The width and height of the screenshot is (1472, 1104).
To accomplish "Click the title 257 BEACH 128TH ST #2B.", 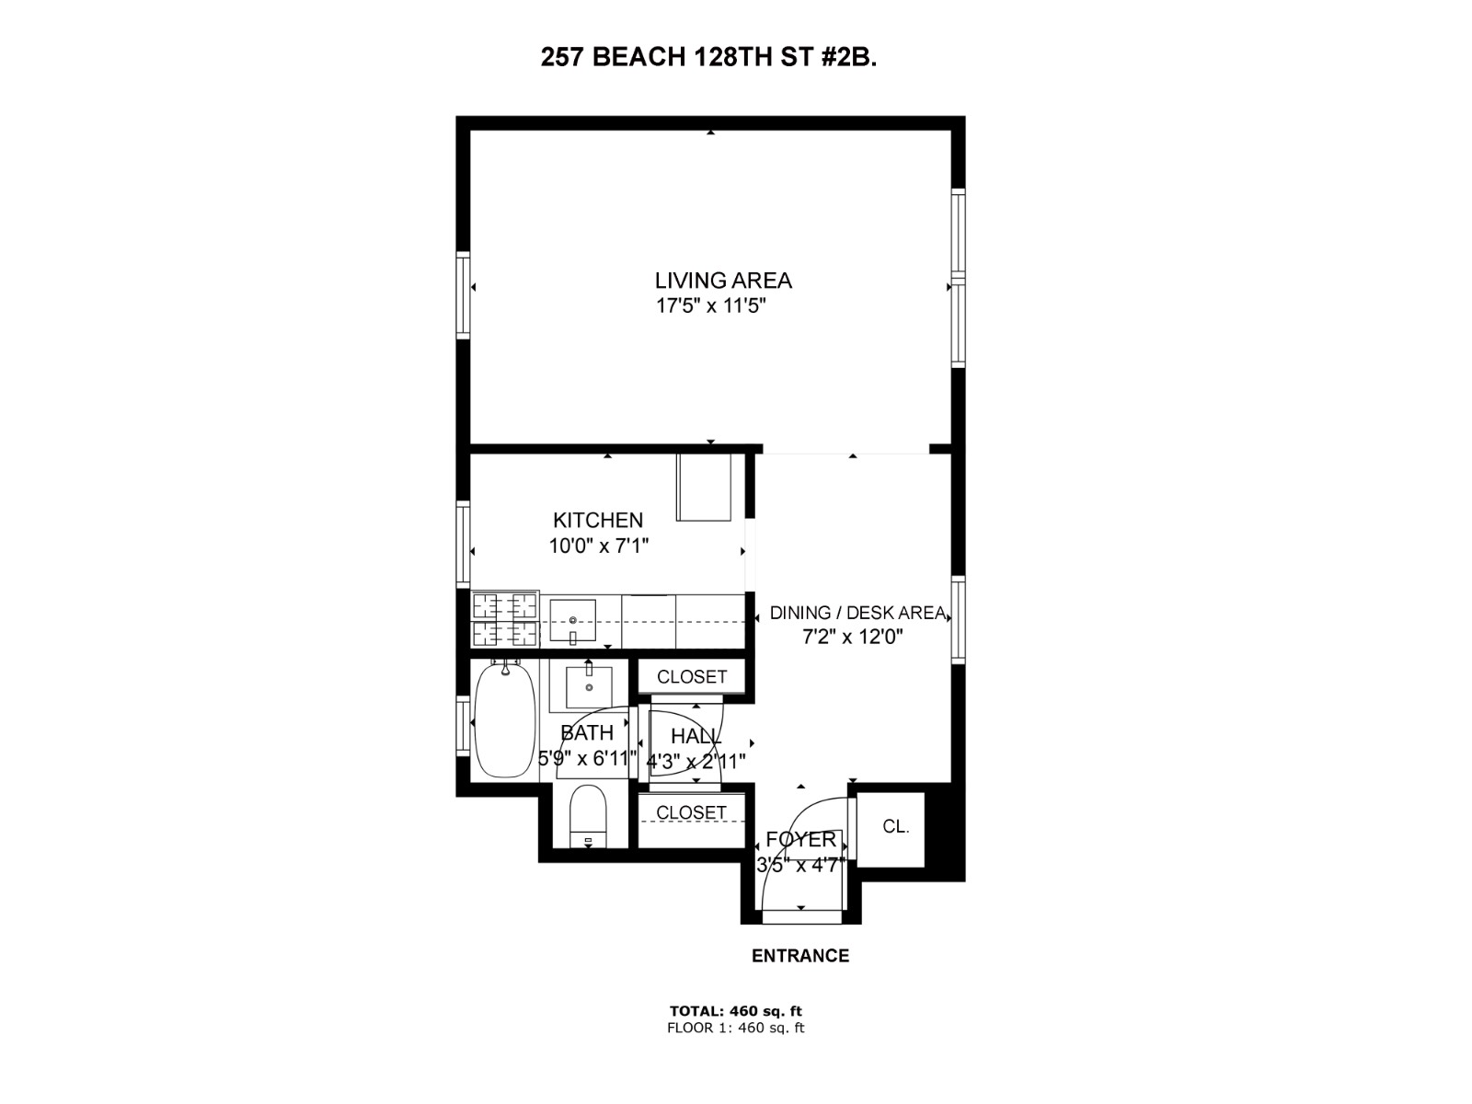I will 708,58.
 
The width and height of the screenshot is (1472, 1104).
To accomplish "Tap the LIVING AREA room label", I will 723,281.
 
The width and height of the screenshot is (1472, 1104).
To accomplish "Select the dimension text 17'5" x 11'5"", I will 710,306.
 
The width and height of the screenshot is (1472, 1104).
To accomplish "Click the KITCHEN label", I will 597,520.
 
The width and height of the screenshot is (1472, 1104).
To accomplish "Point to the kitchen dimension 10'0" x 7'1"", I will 599,546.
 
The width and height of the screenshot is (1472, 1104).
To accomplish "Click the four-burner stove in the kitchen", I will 505,619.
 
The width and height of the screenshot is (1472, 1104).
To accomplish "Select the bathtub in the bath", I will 504,720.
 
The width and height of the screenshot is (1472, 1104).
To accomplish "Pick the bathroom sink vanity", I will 589,685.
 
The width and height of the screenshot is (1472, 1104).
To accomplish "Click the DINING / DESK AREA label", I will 857,613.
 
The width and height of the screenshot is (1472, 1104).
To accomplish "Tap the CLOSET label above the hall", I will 692,677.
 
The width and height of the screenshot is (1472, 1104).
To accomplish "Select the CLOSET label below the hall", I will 691,812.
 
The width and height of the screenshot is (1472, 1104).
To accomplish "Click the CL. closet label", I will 895,827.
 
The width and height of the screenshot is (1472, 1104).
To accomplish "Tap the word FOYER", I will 800,839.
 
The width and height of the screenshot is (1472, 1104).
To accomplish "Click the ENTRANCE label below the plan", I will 799,956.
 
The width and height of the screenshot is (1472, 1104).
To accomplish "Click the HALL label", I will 696,736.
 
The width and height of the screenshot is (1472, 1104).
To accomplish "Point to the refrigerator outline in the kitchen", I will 705,487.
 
